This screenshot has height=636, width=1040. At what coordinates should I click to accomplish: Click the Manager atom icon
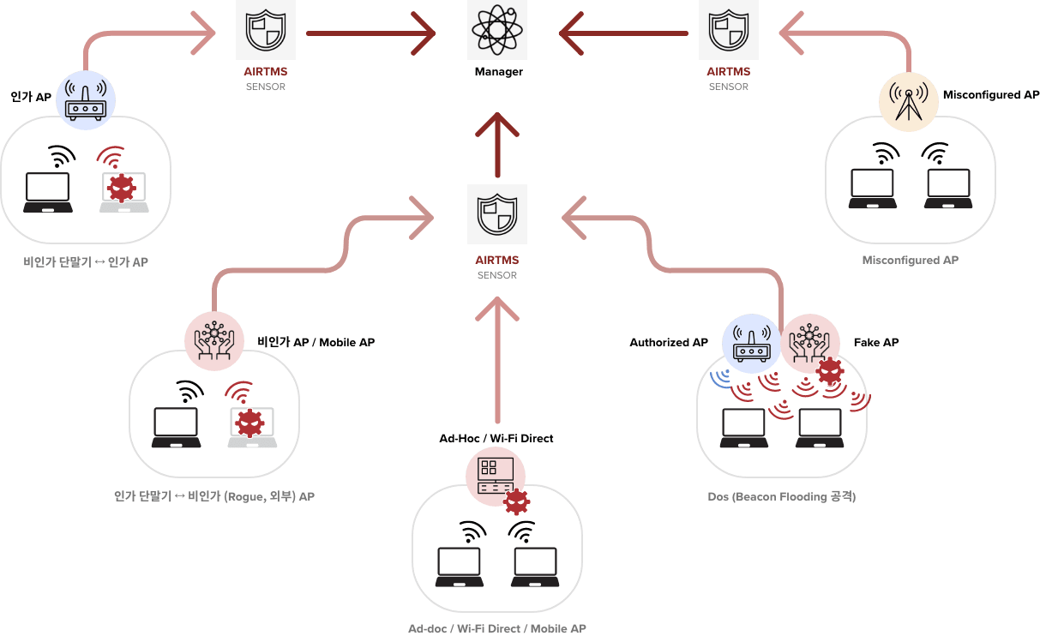(x=498, y=31)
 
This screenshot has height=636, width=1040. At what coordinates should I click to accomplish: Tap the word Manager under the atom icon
(x=498, y=72)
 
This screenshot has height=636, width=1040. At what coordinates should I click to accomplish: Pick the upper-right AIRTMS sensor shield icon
(x=728, y=31)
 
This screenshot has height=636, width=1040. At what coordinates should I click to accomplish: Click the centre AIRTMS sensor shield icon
(x=497, y=214)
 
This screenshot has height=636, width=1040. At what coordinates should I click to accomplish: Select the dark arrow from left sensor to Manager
(x=370, y=34)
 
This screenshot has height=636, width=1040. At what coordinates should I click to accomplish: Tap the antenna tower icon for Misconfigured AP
(x=908, y=101)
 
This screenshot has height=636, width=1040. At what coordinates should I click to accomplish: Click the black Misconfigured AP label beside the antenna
(x=990, y=95)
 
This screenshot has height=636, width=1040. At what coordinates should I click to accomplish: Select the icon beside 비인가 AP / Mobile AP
(x=214, y=341)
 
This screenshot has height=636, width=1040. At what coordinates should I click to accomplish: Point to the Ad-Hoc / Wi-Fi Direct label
(x=496, y=438)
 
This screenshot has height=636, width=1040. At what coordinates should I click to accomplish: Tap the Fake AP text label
(x=875, y=342)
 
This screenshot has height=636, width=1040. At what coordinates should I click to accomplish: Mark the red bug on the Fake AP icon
(x=828, y=370)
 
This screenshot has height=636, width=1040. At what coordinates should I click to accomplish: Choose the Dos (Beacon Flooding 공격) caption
(x=781, y=496)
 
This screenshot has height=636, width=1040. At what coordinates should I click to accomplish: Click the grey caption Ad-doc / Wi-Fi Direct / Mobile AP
(x=496, y=628)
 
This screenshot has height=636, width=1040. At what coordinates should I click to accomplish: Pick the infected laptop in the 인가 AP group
(x=123, y=190)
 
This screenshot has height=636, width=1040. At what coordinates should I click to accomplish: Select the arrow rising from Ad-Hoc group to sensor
(x=497, y=360)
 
